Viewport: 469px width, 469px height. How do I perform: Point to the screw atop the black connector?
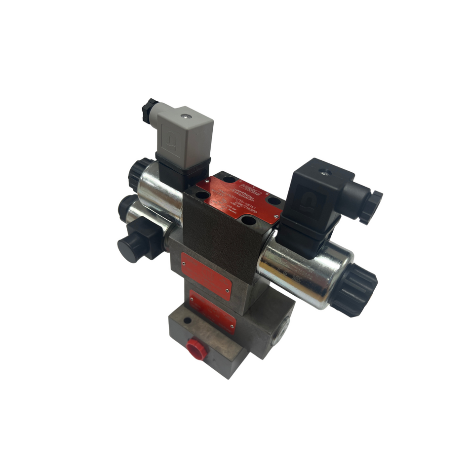tap(326, 172)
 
